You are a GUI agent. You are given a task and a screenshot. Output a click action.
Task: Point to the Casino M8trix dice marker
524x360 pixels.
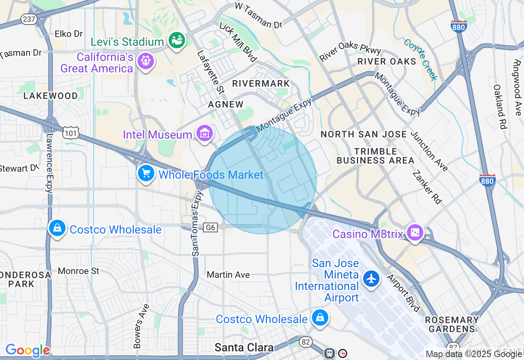tap(415, 233)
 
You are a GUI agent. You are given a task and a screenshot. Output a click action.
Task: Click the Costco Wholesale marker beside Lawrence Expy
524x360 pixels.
tap(57, 228)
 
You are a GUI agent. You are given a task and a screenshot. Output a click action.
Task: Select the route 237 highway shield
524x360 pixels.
tap(29, 19)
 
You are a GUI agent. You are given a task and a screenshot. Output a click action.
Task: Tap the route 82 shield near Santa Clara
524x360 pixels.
tap(305, 342)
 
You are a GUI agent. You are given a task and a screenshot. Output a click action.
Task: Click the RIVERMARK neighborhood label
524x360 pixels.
tap(261, 83)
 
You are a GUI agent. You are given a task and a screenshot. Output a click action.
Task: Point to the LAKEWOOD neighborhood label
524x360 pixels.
tap(51, 96)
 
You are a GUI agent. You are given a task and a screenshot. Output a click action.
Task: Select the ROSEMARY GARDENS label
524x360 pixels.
tap(452, 324)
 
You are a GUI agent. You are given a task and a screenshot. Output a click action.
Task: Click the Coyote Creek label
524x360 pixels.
tap(420, 59)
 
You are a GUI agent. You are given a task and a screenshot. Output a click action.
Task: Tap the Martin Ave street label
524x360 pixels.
tap(228, 274)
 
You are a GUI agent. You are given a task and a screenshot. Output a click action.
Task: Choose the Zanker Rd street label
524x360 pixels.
tap(427, 187)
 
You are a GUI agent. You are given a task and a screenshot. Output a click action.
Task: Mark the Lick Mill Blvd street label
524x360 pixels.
tap(238, 42)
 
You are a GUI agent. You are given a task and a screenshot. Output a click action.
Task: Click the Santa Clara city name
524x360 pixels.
tap(244, 348)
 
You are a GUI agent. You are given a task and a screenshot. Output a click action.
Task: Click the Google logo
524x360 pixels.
tap(27, 350)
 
